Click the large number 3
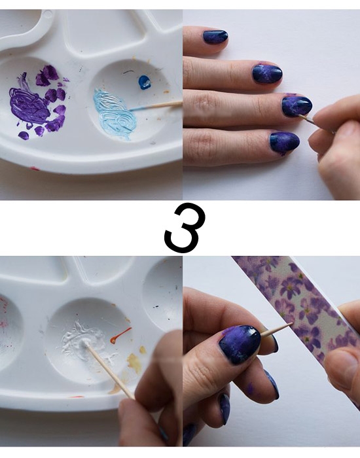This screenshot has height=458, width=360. click(x=185, y=228)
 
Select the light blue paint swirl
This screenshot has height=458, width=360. click(x=114, y=114)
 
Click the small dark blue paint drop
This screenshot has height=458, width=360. click(x=145, y=82)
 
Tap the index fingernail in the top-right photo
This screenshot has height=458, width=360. click(x=215, y=37)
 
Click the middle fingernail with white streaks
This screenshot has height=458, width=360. click(x=267, y=73)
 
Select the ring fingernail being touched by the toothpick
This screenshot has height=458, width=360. click(x=297, y=106)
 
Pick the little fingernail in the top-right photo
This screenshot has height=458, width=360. click(x=284, y=142)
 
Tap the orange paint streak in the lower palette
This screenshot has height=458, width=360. click(x=120, y=335)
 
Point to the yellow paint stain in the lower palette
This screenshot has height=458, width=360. click(x=134, y=363)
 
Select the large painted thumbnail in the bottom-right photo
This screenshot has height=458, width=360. click(x=240, y=344)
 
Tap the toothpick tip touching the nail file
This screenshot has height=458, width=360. click(x=292, y=324)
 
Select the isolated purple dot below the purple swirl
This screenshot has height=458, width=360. click(x=24, y=135)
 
